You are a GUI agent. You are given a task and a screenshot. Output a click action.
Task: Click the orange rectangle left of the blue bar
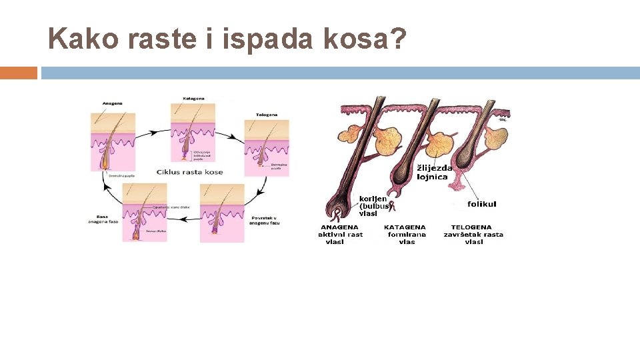[19, 73]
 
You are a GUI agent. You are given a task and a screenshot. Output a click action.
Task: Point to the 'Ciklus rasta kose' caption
[190, 172]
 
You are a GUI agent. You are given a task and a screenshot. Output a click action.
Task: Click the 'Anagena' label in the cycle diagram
[113, 103]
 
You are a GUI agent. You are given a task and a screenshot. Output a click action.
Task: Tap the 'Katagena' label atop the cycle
[193, 99]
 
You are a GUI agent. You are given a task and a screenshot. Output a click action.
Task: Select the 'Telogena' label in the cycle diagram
[267, 114]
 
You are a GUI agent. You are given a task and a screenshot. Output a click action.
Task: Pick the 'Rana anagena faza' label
[103, 219]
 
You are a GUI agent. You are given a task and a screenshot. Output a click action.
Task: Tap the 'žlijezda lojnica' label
[435, 172]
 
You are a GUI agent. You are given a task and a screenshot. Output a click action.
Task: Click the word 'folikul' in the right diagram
[481, 204]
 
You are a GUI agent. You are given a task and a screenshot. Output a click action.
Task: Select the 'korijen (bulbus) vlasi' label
[373, 206]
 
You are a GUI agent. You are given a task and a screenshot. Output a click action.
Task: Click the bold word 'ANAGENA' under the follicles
[339, 227]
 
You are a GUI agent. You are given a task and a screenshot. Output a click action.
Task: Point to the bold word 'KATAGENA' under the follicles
[405, 227]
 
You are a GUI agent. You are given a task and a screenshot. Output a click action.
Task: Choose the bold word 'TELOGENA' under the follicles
[471, 227]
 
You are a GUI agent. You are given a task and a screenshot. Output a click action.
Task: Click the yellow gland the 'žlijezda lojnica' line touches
[440, 144]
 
